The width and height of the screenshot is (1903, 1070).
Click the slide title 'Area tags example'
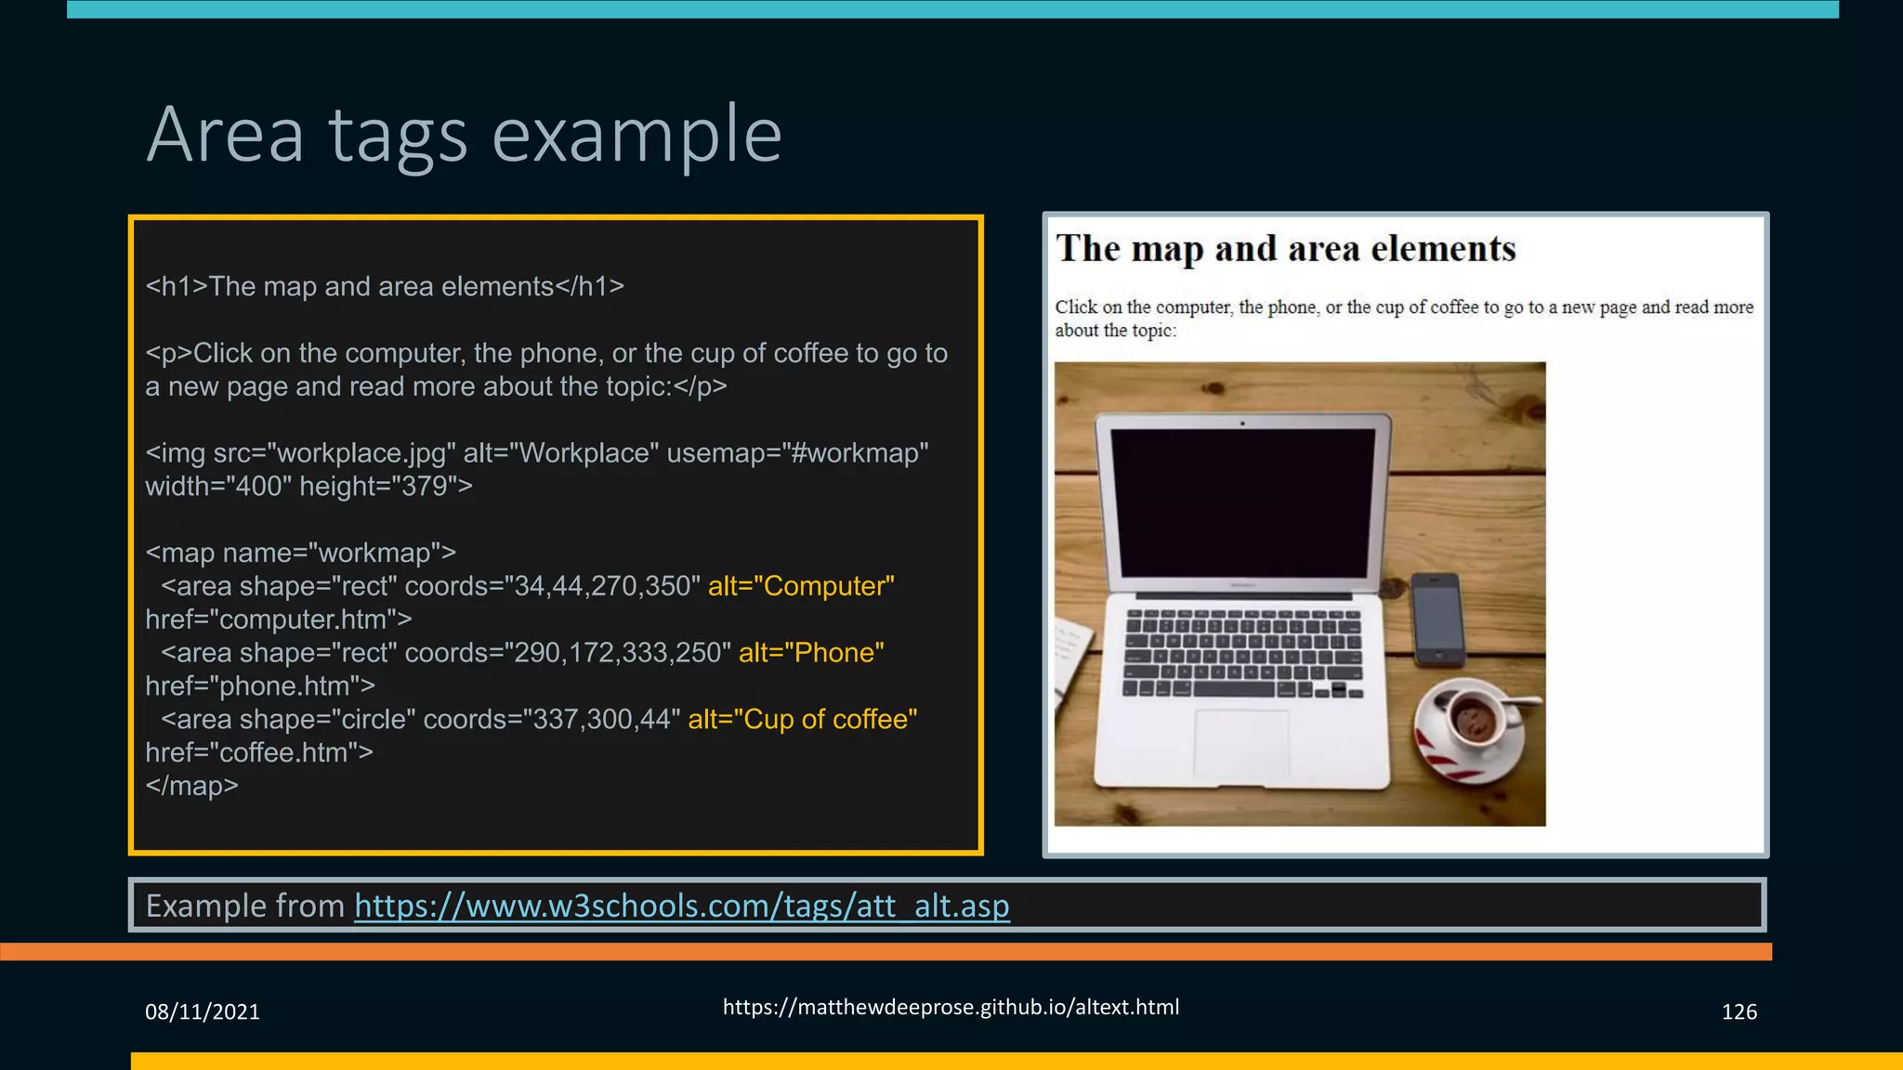click(x=464, y=135)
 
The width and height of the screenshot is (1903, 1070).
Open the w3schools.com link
click(x=681, y=906)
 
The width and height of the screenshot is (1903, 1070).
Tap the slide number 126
click(x=1739, y=1011)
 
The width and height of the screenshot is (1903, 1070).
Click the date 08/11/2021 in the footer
click(x=203, y=1011)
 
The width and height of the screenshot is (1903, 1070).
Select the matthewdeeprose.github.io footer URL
click(x=951, y=1007)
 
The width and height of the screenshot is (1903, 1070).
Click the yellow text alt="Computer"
click(x=801, y=586)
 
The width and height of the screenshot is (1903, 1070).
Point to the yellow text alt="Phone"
click(x=811, y=653)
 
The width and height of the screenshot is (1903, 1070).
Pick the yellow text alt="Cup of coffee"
click(x=802, y=720)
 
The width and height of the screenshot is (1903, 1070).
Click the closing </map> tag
click(x=191, y=786)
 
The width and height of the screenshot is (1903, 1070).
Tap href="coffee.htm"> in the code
click(x=259, y=752)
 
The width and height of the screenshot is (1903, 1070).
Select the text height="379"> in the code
click(x=386, y=487)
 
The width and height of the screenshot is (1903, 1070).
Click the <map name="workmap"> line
click(x=300, y=553)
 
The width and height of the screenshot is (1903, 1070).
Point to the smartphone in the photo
click(x=1437, y=619)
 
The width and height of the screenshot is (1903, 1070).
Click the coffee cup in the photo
click(x=1473, y=721)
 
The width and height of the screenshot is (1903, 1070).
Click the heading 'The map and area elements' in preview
click(x=1285, y=249)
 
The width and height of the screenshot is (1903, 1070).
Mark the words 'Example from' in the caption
click(x=245, y=906)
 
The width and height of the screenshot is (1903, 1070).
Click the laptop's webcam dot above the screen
click(x=1242, y=424)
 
